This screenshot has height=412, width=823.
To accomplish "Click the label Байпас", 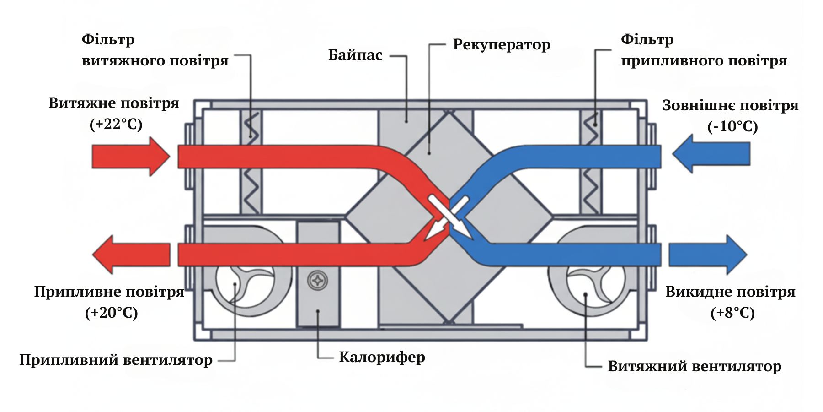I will click(355, 55).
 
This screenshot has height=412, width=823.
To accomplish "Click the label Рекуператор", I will click(501, 45).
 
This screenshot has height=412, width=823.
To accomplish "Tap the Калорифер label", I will click(382, 357).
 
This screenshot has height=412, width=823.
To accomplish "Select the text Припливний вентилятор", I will click(116, 360).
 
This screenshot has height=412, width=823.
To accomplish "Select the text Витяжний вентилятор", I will click(694, 366).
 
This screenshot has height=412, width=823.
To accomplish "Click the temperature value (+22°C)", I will click(116, 124).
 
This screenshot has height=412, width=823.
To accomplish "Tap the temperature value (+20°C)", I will click(111, 313).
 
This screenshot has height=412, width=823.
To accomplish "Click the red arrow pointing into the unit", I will click(131, 157).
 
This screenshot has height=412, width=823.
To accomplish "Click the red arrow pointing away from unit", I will click(131, 255).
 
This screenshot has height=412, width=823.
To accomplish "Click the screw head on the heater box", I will click(318, 280).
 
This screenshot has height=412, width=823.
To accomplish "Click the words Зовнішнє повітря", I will click(730, 106).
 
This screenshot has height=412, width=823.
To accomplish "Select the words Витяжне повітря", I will click(114, 103).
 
